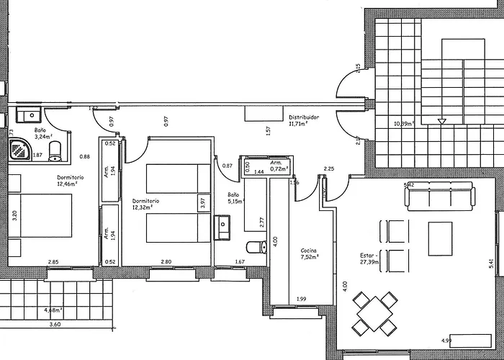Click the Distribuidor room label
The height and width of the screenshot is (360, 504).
pyautogui.click(x=304, y=120)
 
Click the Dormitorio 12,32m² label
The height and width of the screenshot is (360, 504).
pyautogui.click(x=145, y=204)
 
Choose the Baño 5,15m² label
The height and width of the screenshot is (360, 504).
pyautogui.click(x=233, y=199)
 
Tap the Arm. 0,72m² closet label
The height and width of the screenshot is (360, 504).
pyautogui.click(x=279, y=166)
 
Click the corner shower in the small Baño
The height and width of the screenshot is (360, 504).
pyautogui.click(x=18, y=150)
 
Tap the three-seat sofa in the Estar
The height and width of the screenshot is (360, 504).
pyautogui.click(x=441, y=195)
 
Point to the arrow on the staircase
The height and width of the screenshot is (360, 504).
pyautogui.click(x=441, y=122)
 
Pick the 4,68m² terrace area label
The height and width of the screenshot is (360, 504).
pyautogui.click(x=53, y=310)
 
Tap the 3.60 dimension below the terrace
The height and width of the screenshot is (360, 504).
pyautogui.click(x=55, y=325)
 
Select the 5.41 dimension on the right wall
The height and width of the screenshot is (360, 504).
pyautogui.click(x=491, y=264)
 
